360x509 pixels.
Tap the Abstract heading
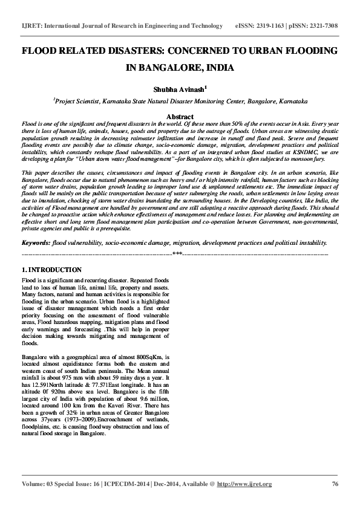pyautogui.click(x=180, y=117)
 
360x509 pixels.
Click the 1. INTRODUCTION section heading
pyautogui.click(x=51, y=269)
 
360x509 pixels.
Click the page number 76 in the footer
pyautogui.click(x=335, y=484)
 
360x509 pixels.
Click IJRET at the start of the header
pyautogui.click(x=31, y=27)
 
